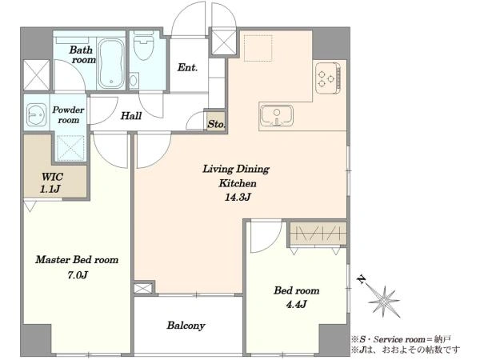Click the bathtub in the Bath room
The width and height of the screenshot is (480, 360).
tap(111, 63)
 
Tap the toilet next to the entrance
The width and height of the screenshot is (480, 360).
tap(143, 47)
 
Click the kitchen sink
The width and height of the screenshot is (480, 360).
tap(277, 116)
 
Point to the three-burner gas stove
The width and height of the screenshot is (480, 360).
tap(328, 78)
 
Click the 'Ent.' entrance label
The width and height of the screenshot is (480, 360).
tap(187, 67)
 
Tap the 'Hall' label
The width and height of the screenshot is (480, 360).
tap(130, 116)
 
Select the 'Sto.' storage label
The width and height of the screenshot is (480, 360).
tap(217, 124)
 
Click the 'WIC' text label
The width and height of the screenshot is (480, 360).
tap(52, 177)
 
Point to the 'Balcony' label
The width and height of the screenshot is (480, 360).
tap(186, 326)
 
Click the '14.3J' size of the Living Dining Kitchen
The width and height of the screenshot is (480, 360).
tap(238, 197)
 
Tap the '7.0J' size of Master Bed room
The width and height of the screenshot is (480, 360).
tap(78, 275)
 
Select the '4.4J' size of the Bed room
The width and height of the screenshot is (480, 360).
tap(296, 304)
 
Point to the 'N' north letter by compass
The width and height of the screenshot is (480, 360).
tap(362, 279)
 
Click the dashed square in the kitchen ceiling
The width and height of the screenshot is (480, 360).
tap(258, 48)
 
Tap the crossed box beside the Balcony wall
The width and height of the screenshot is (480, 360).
tap(143, 288)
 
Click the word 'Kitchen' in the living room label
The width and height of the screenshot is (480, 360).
tap(238, 183)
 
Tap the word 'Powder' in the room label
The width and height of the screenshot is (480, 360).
tap(68, 110)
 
